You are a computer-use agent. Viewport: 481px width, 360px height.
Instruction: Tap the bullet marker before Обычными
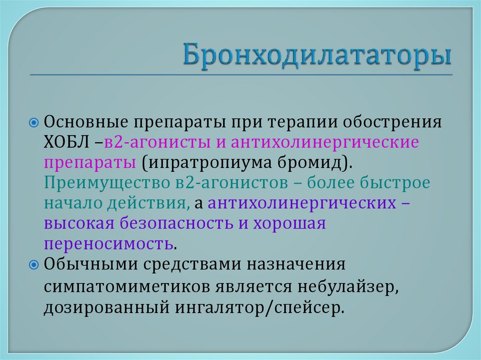(x=33, y=264)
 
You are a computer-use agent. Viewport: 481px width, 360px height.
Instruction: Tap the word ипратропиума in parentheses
(x=205, y=163)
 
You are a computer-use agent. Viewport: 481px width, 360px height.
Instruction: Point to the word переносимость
(x=109, y=244)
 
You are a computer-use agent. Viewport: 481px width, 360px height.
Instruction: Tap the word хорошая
(x=290, y=223)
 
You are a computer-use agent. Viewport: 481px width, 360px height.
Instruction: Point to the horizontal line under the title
(x=240, y=74)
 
